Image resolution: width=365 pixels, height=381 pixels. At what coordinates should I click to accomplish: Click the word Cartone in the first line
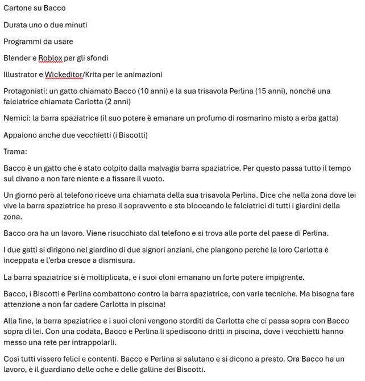click(18, 8)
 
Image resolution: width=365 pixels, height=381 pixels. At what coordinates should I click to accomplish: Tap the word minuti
click(75, 24)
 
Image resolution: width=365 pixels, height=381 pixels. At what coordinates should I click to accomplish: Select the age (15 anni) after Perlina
click(269, 91)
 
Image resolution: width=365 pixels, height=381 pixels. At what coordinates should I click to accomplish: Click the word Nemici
click(16, 118)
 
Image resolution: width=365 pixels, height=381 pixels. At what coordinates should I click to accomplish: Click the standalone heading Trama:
click(15, 151)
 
